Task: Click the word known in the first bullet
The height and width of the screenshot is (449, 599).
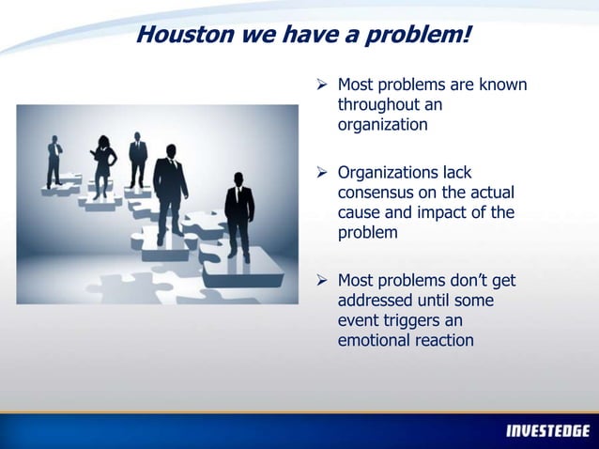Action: pyautogui.click(x=503, y=86)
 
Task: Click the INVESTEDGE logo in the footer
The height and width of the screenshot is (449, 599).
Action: pyautogui.click(x=546, y=431)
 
